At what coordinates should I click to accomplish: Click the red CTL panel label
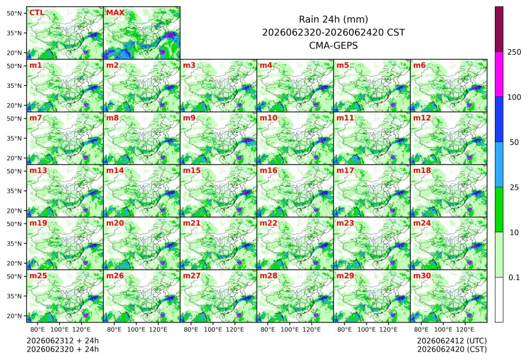tap(37, 13)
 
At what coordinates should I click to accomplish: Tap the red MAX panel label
tap(115, 13)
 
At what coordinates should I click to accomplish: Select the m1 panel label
tap(36, 65)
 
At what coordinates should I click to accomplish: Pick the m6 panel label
tap(419, 65)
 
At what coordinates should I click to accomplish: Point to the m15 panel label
tap(192, 170)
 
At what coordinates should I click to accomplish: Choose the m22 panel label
tap(268, 223)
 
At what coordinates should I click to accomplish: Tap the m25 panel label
tap(38, 275)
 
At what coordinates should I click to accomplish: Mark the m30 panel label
tap(422, 275)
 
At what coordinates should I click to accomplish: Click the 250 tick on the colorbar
tap(514, 52)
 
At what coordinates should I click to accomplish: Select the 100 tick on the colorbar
tap(514, 97)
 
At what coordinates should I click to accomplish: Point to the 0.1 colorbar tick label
tap(514, 278)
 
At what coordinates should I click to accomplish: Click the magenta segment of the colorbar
tap(499, 74)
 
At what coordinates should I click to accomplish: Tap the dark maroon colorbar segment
tap(499, 29)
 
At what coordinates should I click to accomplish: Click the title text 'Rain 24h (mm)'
tap(333, 19)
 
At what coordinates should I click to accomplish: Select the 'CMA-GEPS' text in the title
tap(333, 45)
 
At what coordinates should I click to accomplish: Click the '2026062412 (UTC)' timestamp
tap(452, 341)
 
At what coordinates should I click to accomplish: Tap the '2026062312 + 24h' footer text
tap(63, 341)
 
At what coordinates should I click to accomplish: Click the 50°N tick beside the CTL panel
tap(14, 13)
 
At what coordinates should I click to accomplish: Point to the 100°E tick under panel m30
tap(443, 329)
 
